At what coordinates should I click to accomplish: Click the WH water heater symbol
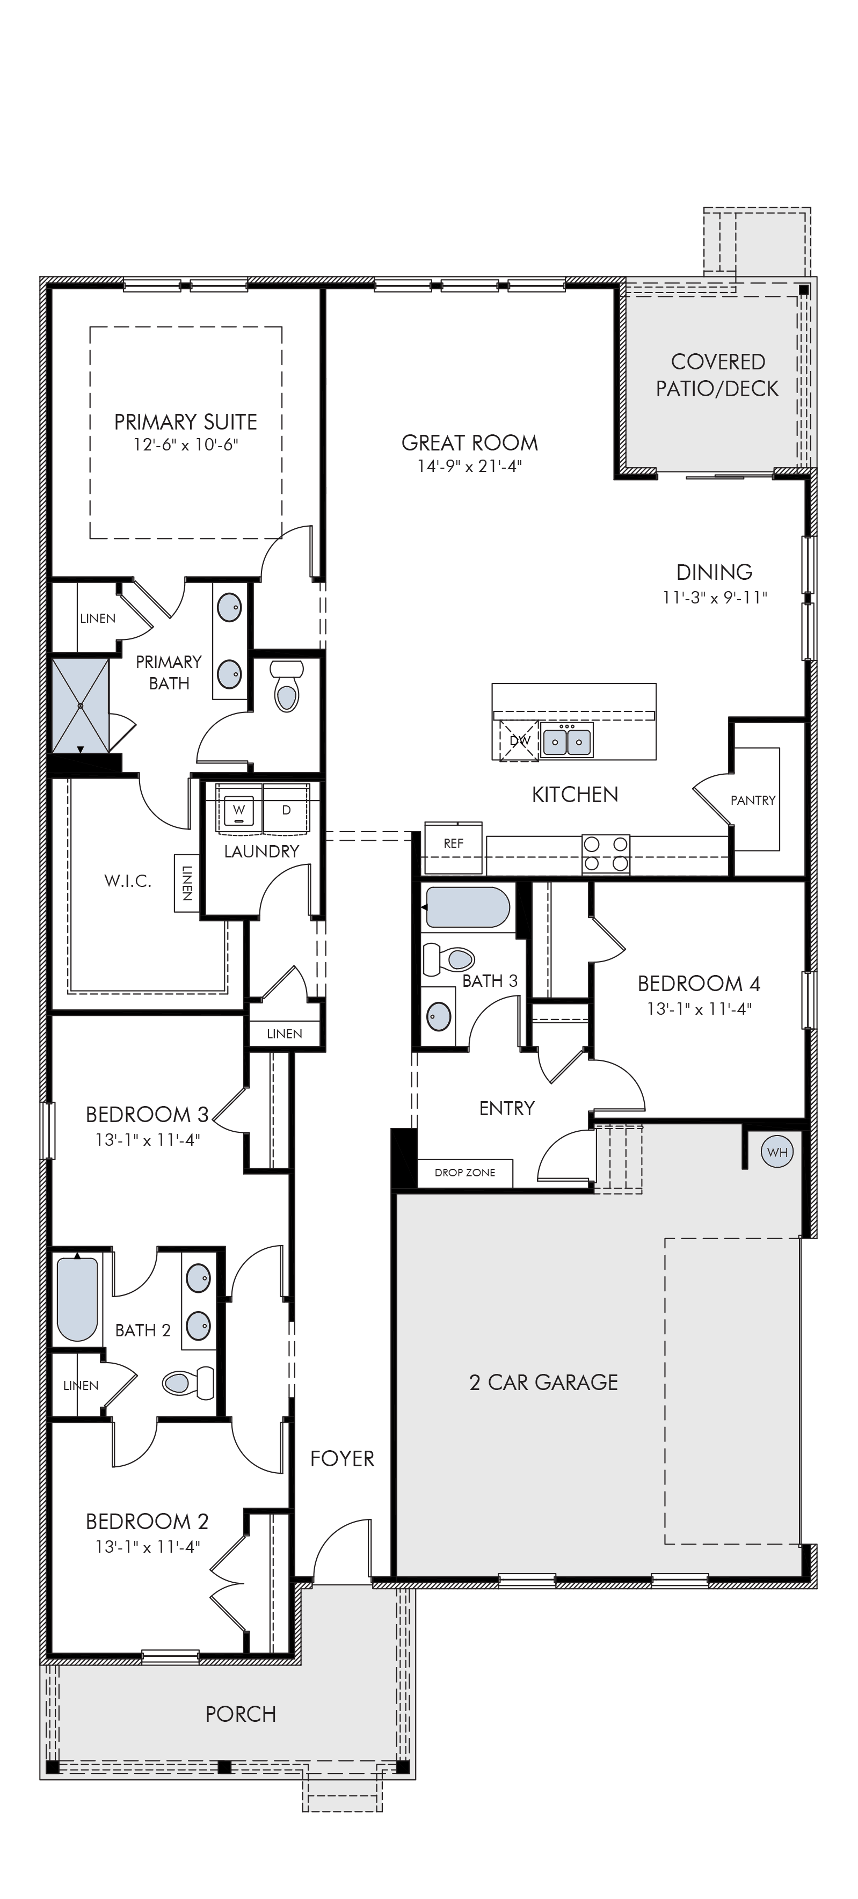pos(777,1152)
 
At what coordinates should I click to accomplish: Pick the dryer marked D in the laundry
pos(287,810)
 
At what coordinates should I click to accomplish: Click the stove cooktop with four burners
pos(606,854)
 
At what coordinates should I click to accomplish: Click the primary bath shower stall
pos(81,705)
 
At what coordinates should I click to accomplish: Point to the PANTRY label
pos(753,800)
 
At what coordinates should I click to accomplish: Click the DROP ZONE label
pos(464,1172)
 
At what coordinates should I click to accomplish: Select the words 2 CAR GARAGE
pos(543,1382)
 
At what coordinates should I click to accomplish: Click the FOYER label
pos(342,1458)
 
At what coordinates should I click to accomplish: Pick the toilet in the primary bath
pos(287,686)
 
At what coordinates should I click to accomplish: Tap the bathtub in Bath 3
pos(467,907)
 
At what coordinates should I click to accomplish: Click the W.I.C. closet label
pos(128,880)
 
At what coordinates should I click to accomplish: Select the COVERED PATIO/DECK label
pos(717,375)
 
